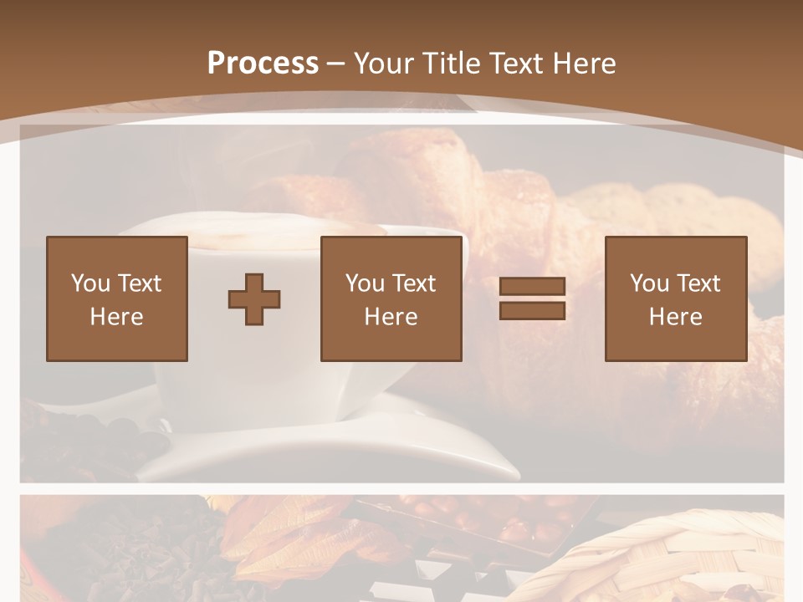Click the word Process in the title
pos(263,64)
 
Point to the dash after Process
pos(336,64)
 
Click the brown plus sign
pos(254,299)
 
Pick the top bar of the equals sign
pos(532,287)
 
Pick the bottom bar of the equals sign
pos(532,311)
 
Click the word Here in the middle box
pos(391,317)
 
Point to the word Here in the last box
pos(675,317)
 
